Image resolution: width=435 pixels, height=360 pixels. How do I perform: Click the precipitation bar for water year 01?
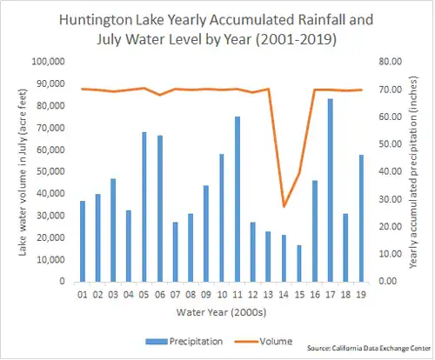pyautogui.click(x=83, y=241)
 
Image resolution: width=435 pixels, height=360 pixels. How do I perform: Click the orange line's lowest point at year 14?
pyautogui.click(x=284, y=206)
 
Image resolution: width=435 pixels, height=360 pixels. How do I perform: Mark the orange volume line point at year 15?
pyautogui.click(x=298, y=173)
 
